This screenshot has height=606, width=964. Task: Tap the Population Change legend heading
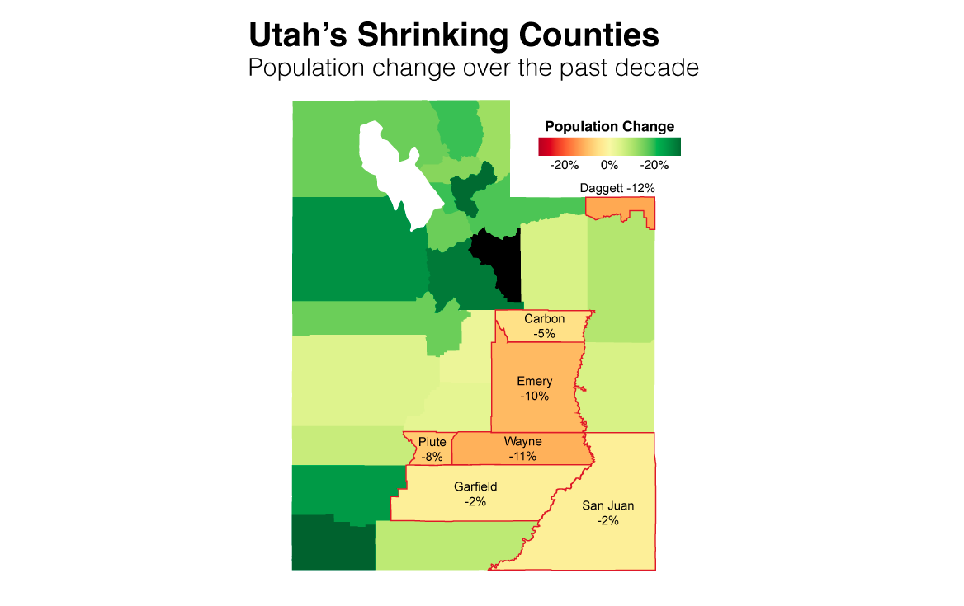(609, 127)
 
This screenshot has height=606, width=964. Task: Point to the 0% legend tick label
(609, 165)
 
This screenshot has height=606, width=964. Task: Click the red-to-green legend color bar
(609, 147)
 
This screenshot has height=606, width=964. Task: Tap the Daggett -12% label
(617, 188)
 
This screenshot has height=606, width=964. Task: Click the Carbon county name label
(544, 319)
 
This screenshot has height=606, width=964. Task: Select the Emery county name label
(534, 381)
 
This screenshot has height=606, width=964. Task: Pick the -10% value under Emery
(534, 396)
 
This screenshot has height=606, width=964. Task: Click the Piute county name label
(432, 442)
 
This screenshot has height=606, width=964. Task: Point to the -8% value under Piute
(432, 456)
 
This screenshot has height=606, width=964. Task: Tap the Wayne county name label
(522, 442)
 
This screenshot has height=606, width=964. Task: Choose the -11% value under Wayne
(522, 456)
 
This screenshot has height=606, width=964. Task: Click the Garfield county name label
(475, 486)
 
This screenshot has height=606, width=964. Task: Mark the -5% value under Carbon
(544, 333)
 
